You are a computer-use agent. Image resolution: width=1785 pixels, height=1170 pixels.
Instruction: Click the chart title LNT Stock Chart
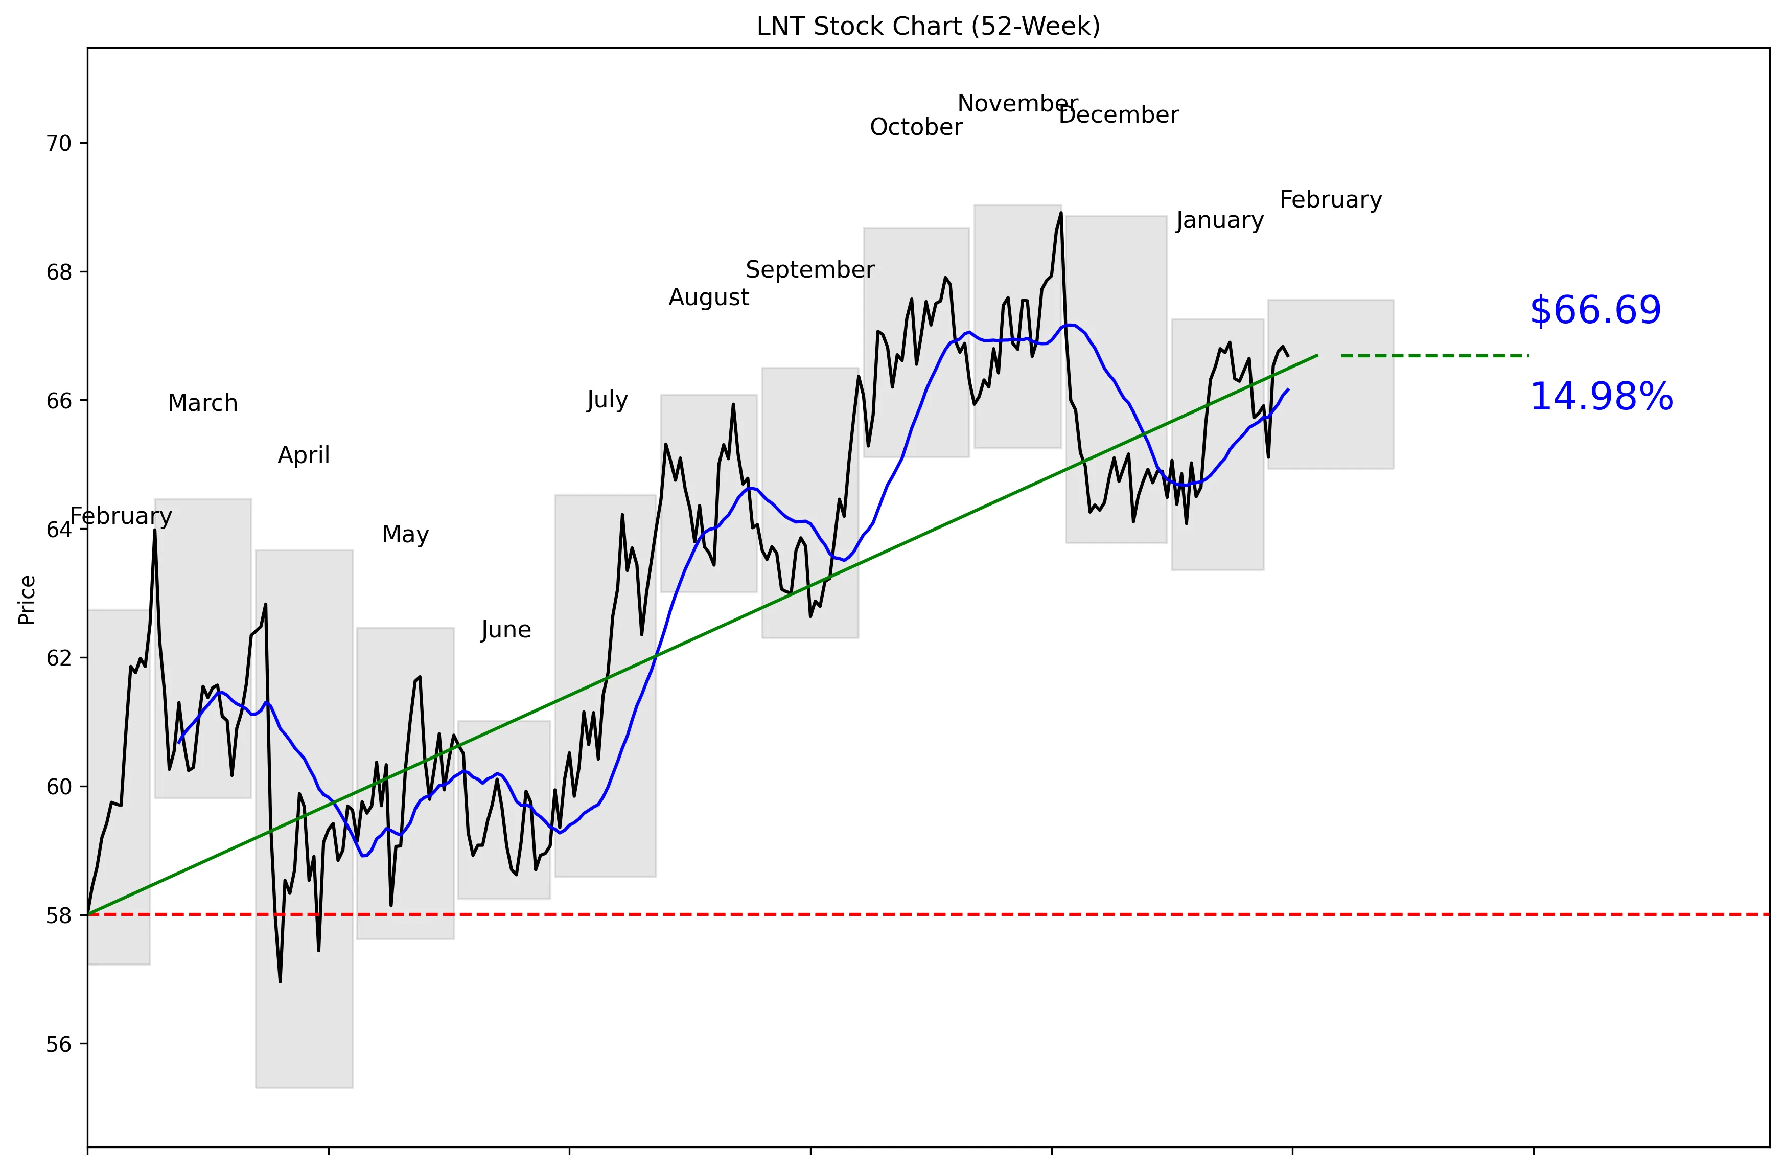[x=928, y=26]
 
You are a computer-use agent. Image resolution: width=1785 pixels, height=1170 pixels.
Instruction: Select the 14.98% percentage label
[x=1601, y=397]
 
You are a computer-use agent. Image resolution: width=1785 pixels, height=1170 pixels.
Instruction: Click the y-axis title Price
[x=27, y=600]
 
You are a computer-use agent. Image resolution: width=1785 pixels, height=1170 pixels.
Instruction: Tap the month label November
[x=1017, y=103]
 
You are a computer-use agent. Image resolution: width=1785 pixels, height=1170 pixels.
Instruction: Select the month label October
[x=916, y=127]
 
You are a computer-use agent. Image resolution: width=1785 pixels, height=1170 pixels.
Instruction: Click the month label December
[x=1118, y=116]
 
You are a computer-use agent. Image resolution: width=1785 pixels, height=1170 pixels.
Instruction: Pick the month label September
[x=810, y=270]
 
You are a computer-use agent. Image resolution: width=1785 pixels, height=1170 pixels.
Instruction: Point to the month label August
[x=709, y=298]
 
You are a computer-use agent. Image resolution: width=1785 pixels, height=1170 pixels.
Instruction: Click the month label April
[x=304, y=455]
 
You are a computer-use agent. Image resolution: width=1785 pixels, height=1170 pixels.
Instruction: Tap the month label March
[x=202, y=403]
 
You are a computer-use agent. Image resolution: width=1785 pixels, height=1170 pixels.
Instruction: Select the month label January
[x=1219, y=220]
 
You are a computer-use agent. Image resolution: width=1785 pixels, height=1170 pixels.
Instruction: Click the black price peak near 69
[x=1060, y=213]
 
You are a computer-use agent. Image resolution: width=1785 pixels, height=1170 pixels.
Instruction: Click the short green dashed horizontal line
[x=1433, y=356]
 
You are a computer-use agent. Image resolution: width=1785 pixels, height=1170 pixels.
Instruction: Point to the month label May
[x=405, y=535]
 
